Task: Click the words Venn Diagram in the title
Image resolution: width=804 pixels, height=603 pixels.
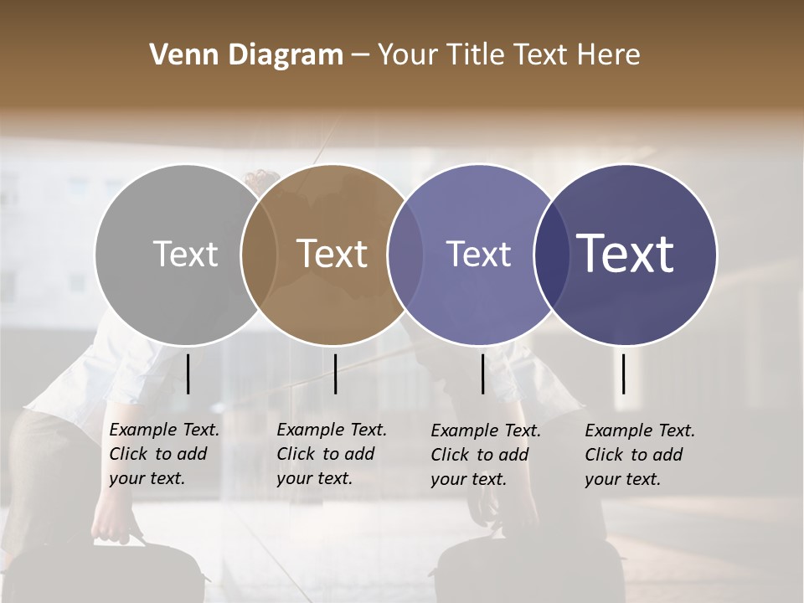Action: pos(245,55)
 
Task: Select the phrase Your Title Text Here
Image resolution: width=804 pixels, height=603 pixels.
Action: pos(508,55)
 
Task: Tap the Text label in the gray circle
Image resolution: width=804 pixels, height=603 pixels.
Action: pos(185,254)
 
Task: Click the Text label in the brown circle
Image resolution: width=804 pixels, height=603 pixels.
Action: pos(332,254)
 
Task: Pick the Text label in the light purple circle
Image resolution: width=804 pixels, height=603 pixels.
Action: pos(478,254)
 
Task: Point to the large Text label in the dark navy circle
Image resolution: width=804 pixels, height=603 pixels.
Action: pos(625,254)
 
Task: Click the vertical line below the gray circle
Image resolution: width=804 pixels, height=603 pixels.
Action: pos(188,374)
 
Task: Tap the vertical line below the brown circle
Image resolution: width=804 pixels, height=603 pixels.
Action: pos(335,374)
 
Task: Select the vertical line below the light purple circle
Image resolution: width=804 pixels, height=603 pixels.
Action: pos(483,374)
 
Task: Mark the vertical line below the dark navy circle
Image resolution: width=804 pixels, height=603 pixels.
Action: pos(624,374)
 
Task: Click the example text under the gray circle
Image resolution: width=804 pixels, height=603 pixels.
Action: pos(163,454)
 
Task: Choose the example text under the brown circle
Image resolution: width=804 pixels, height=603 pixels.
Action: pos(331,454)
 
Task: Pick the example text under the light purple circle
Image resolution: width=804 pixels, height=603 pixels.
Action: pos(485,455)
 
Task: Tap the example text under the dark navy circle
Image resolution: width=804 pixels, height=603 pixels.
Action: pos(639,455)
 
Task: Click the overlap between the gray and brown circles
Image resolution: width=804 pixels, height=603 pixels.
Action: pos(259,255)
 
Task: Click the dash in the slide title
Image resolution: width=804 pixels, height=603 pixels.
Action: pos(360,56)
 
